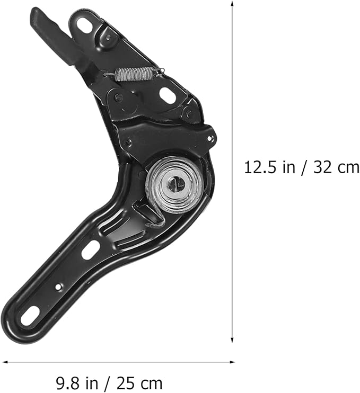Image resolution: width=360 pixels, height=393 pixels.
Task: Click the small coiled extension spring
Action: click(134, 74)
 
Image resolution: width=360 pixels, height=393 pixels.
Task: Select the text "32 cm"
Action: click(336, 167)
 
